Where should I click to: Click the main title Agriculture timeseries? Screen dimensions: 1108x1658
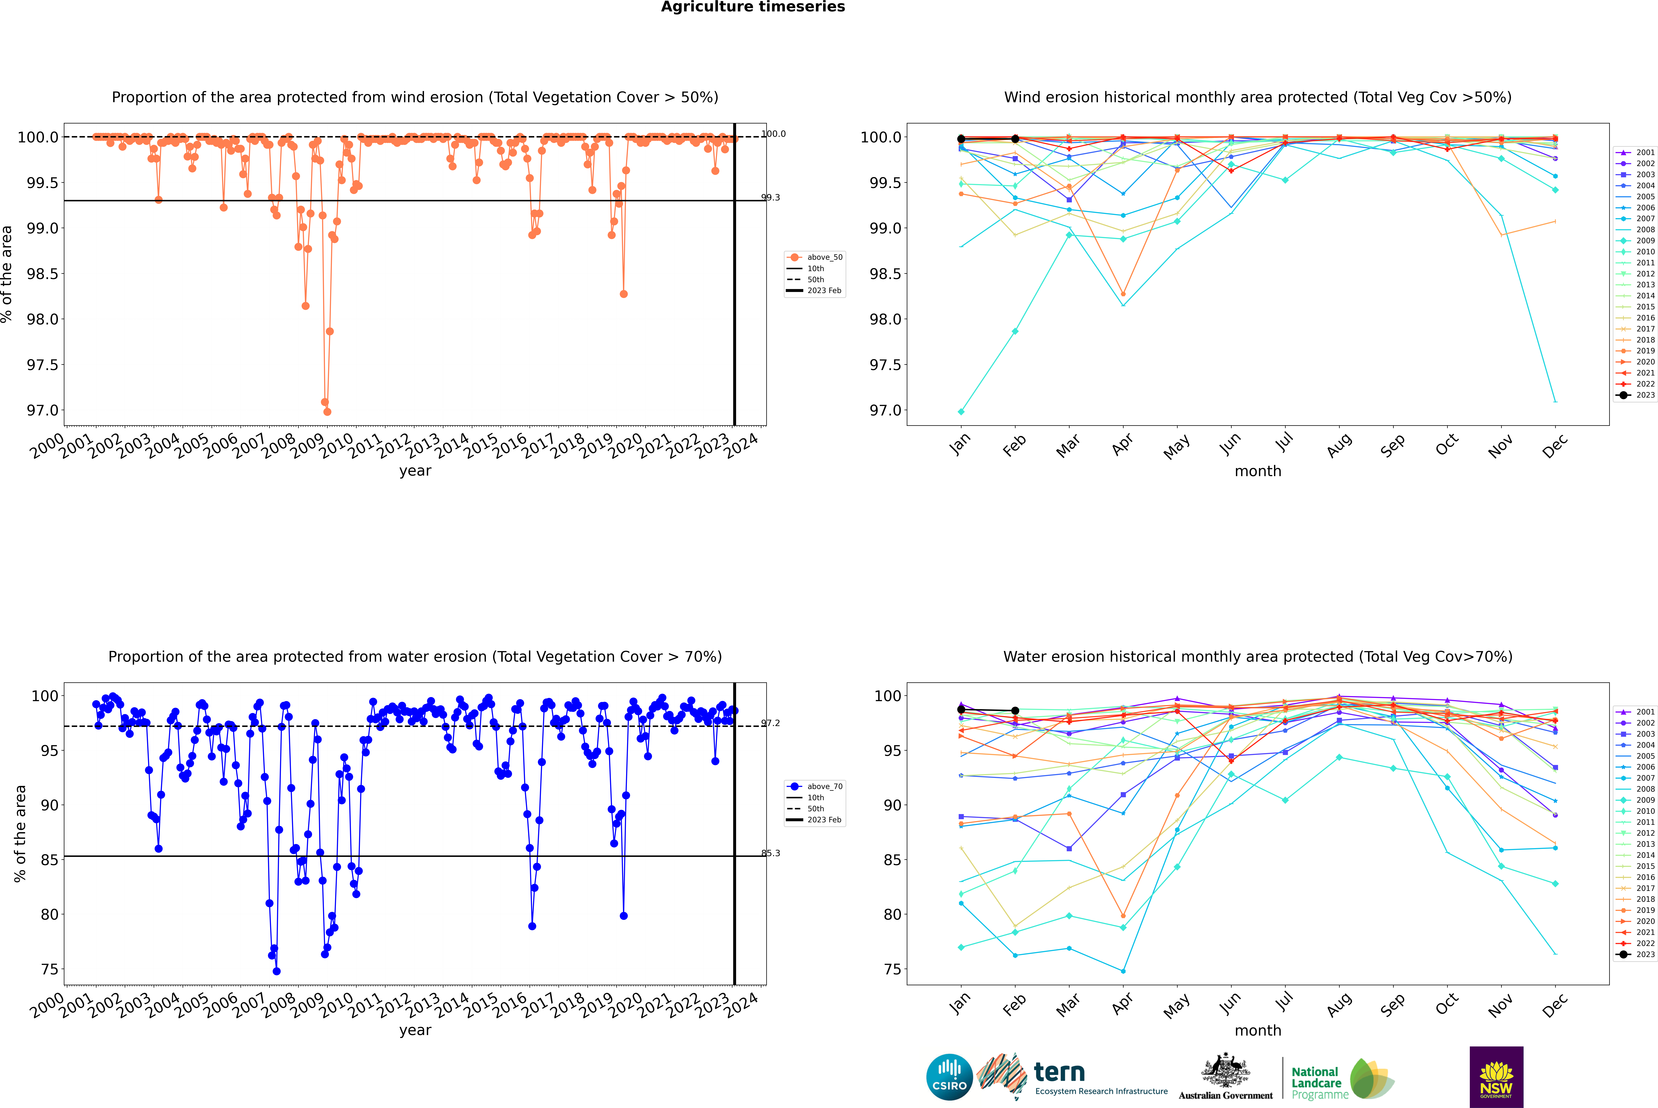[x=753, y=7]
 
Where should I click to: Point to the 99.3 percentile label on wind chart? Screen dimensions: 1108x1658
[x=770, y=198]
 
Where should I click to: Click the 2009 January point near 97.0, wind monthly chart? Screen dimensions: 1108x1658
[x=961, y=411]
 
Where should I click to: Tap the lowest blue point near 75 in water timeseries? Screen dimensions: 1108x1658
[x=276, y=971]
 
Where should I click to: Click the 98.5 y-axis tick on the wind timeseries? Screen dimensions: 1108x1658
[x=42, y=273]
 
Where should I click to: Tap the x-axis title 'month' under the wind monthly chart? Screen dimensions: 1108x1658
[x=1257, y=471]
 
